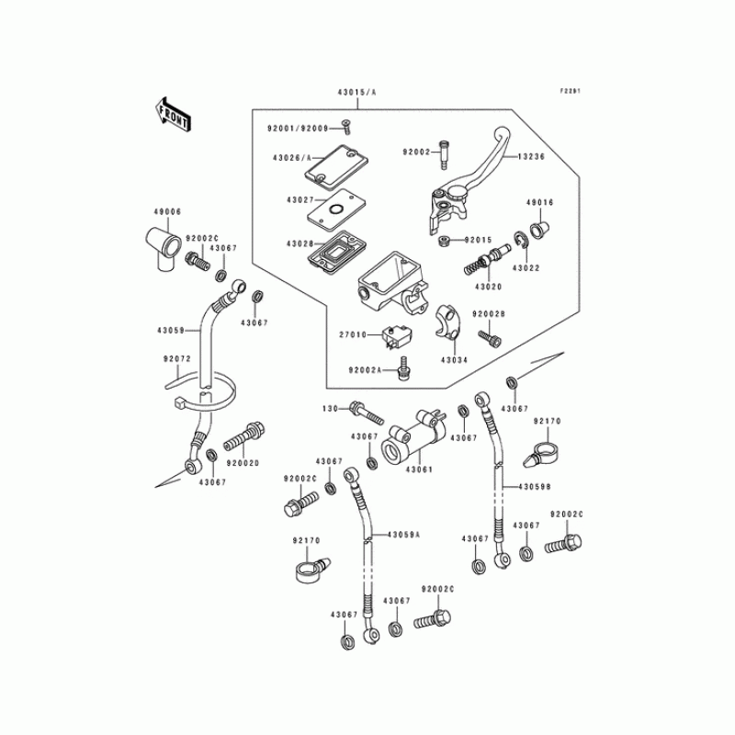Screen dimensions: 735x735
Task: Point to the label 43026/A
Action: pos(293,157)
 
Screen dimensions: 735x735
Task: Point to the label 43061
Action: pos(419,469)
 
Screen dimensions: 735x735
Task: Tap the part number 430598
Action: pos(535,486)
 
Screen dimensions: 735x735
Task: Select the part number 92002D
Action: pos(243,465)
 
